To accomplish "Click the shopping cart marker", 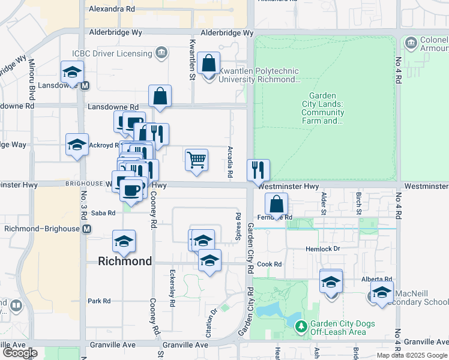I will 196,160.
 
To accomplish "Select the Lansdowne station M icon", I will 85,85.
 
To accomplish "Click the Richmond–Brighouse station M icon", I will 88,229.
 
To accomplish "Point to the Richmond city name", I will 125,262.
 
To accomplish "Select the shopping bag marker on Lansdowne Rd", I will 160,96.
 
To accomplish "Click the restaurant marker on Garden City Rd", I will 258,170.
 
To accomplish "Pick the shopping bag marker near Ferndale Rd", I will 276,204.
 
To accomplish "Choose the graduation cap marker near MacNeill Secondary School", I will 381,293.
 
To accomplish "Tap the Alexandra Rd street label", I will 112,10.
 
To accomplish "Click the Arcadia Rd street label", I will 230,161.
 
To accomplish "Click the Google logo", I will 20,353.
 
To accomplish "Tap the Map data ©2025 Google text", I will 411,355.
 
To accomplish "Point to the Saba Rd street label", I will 103,212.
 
